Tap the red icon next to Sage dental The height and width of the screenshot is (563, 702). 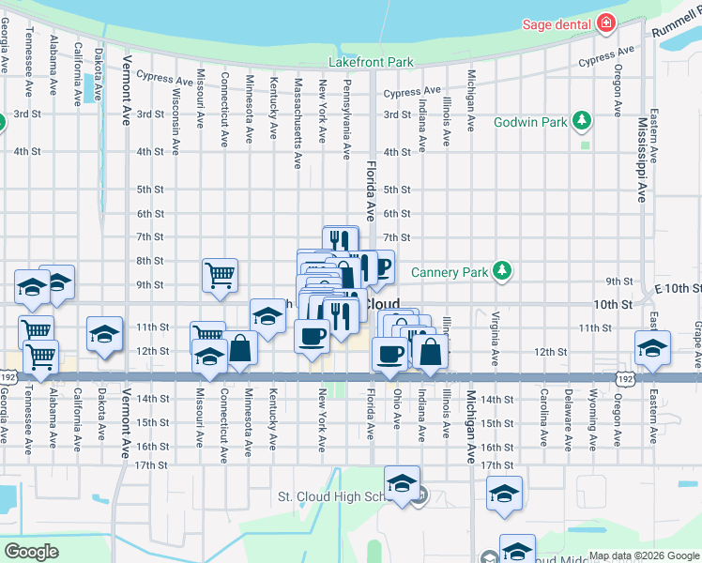click(x=606, y=23)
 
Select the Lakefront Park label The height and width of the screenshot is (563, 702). click(x=371, y=63)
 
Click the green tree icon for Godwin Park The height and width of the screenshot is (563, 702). click(x=583, y=121)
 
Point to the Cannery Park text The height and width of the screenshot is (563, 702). click(x=449, y=272)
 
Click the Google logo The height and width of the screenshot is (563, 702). click(x=31, y=552)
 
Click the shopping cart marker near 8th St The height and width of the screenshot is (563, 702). click(x=220, y=276)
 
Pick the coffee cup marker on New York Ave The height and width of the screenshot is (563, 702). click(x=312, y=335)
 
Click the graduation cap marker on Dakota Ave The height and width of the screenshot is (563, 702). click(x=104, y=333)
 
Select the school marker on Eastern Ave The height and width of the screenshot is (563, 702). click(x=652, y=347)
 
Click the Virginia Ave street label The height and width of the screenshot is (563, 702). click(x=494, y=337)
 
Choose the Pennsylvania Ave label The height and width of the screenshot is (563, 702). click(x=346, y=117)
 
